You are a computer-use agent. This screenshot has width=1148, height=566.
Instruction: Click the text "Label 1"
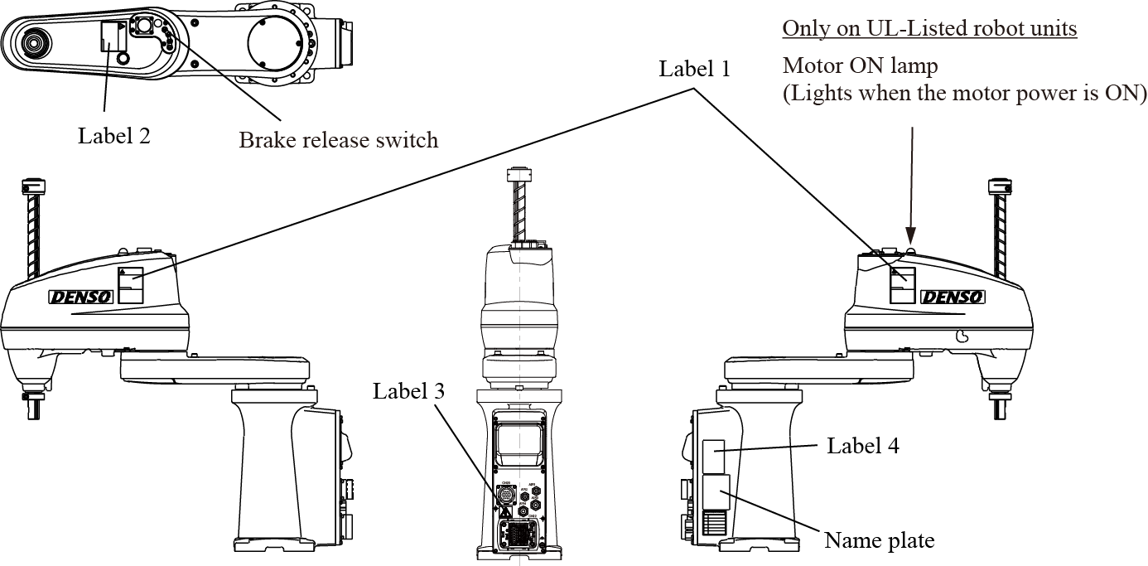tap(694, 70)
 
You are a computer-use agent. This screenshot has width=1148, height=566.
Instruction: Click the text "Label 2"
tap(114, 136)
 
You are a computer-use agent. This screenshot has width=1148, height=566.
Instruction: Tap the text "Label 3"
tap(408, 392)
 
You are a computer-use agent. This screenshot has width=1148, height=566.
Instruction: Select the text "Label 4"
tap(863, 446)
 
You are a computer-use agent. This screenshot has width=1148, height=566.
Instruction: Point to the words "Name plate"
tap(879, 541)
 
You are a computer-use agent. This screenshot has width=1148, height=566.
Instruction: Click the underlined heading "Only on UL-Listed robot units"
tap(929, 28)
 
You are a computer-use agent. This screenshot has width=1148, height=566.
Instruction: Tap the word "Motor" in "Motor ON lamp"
tap(812, 65)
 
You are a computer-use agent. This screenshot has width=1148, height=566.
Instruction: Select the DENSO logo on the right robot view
tap(953, 297)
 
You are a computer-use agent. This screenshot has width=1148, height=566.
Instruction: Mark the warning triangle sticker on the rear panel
tap(504, 512)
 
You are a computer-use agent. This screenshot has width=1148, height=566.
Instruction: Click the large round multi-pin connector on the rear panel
tap(506, 496)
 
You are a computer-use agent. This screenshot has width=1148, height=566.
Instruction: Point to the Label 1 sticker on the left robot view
tap(131, 286)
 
